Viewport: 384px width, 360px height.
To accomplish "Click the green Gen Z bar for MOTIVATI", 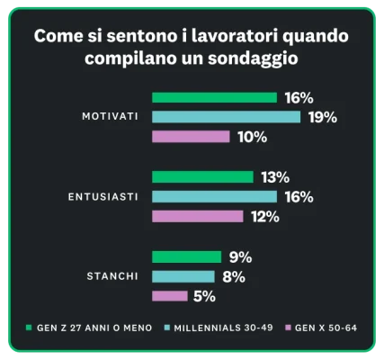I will [x=214, y=97].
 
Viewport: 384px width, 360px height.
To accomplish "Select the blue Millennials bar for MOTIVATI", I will [x=226, y=117].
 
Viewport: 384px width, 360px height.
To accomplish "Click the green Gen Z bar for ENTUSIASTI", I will [x=203, y=176].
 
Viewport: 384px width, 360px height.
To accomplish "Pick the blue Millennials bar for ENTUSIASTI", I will [x=214, y=196].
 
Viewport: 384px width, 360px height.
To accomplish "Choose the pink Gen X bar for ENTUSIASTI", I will [x=197, y=216].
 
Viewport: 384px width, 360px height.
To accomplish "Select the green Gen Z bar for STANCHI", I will [x=186, y=256].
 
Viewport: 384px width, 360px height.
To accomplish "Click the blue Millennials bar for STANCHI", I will [x=183, y=276].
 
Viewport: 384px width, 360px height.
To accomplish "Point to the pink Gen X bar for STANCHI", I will [x=170, y=296].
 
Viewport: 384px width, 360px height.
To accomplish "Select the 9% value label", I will [x=238, y=256].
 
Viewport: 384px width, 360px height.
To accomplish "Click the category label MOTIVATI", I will [x=110, y=117].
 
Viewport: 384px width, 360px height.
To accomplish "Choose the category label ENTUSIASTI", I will [x=103, y=196].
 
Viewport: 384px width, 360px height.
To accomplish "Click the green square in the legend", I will [x=29, y=328].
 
